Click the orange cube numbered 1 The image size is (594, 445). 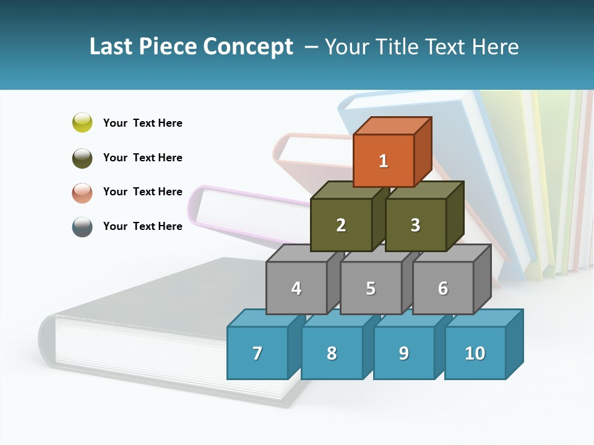[x=384, y=161]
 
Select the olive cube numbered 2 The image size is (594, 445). [x=341, y=225]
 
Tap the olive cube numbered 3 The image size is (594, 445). [x=415, y=225]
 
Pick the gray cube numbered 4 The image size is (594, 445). [x=296, y=288]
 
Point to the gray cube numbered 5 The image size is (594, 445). [x=371, y=288]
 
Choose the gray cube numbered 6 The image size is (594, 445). [x=443, y=288]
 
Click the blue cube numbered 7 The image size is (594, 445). [x=257, y=353]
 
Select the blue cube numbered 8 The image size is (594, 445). [x=332, y=353]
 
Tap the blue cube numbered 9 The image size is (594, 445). [x=404, y=353]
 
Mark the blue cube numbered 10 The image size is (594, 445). [x=475, y=353]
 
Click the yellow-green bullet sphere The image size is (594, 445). [x=82, y=122]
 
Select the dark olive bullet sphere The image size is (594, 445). [x=82, y=158]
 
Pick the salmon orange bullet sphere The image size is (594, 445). [x=82, y=192]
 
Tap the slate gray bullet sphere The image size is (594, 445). [x=82, y=226]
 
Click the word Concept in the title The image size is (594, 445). [x=248, y=46]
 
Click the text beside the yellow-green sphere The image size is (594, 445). [x=143, y=123]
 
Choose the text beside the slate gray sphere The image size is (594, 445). [x=143, y=226]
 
